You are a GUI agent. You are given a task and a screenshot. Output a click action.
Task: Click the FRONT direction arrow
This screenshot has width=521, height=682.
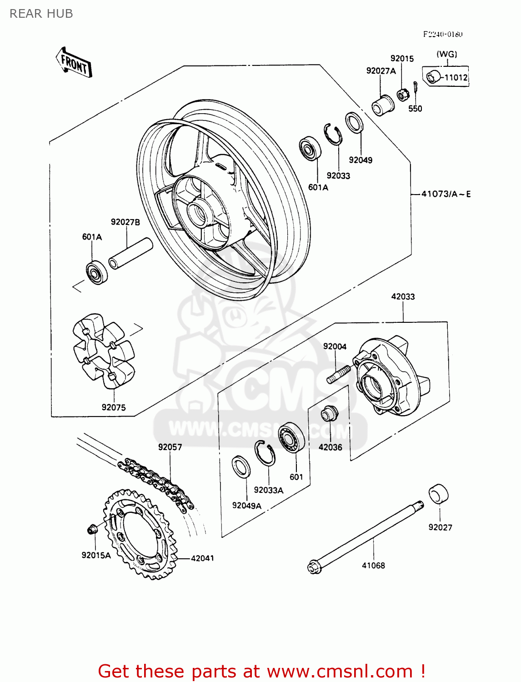pyautogui.click(x=74, y=63)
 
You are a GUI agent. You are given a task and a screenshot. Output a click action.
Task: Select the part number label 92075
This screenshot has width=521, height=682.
pyautogui.click(x=114, y=407)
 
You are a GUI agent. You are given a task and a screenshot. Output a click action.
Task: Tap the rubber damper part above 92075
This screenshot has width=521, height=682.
pyautogui.click(x=103, y=351)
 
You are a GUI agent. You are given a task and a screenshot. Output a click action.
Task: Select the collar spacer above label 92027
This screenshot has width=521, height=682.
pyautogui.click(x=438, y=494)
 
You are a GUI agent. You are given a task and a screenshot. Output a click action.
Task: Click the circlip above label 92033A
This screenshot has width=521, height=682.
pyautogui.click(x=265, y=453)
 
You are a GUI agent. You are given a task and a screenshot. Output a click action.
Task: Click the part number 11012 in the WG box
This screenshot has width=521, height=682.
pyautogui.click(x=456, y=78)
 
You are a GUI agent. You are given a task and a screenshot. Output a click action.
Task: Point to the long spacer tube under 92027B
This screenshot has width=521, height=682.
pyautogui.click(x=130, y=253)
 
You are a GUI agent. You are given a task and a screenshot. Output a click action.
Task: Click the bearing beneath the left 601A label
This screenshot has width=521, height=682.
pyautogui.click(x=96, y=272)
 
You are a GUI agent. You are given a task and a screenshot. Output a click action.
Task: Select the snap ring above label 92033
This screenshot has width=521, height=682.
pyautogui.click(x=333, y=135)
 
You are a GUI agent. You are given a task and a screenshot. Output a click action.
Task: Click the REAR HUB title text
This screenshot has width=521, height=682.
pyautogui.click(x=41, y=14)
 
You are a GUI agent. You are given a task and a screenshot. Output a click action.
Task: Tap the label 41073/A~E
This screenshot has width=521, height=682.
pyautogui.click(x=446, y=194)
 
